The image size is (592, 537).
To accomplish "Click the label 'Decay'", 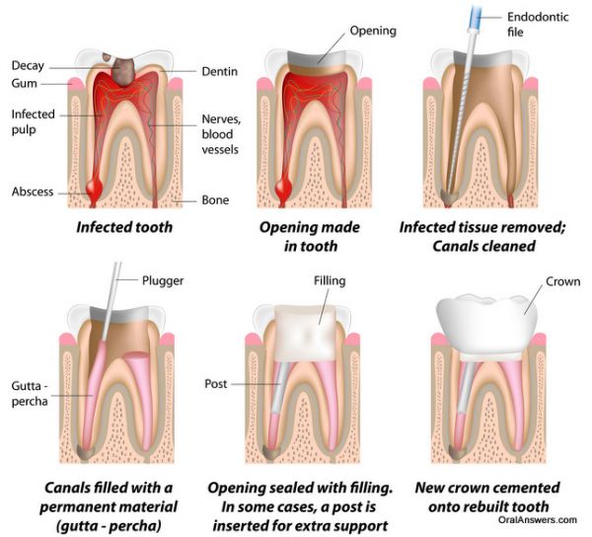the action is (28, 66).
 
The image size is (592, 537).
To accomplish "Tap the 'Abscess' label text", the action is (33, 192).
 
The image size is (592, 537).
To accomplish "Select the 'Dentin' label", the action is (220, 71).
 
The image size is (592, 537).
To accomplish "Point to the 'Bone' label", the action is (215, 199).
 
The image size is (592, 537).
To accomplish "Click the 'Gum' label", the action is (24, 83).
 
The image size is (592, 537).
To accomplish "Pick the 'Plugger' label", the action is (163, 281).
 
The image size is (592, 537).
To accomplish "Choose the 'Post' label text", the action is (215, 384).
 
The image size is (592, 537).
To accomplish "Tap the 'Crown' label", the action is (563, 281).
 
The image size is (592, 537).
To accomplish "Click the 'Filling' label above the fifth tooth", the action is (330, 281).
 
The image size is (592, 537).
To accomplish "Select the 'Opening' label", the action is (373, 31).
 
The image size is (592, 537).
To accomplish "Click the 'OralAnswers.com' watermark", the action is (538, 520).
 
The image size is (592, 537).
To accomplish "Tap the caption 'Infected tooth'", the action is (124, 227).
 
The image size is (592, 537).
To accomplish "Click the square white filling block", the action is (305, 333).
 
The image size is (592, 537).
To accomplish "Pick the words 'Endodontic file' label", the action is (538, 25).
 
